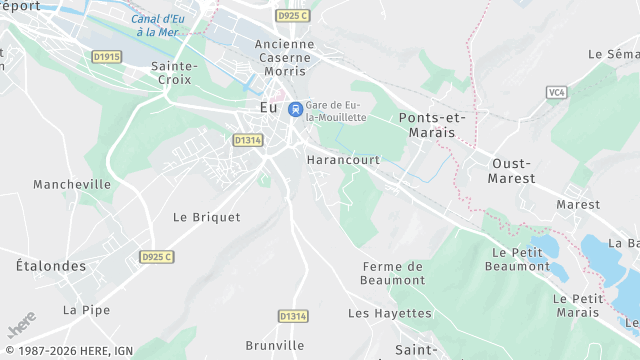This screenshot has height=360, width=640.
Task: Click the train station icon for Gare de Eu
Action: (x=295, y=109)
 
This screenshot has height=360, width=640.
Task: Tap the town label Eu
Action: (x=268, y=107)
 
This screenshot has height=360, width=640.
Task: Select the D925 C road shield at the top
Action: (x=292, y=15)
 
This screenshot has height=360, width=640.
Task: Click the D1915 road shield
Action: (x=106, y=57)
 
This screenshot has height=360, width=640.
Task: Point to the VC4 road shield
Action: (x=557, y=92)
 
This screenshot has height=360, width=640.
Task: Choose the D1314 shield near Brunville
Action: (x=292, y=316)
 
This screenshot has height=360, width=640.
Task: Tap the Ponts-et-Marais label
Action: (x=432, y=125)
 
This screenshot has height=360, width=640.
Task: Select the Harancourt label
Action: (x=343, y=160)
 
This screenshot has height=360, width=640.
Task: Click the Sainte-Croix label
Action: (x=174, y=73)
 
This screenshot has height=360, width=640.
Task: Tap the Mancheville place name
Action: (x=72, y=184)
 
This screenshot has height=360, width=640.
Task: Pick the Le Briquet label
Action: (x=207, y=216)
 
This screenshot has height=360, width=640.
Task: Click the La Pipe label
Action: (x=86, y=310)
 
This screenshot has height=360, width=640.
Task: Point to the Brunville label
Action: (x=274, y=345)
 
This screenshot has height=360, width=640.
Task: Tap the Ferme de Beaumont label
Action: (x=393, y=273)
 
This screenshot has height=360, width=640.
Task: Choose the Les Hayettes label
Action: (x=390, y=313)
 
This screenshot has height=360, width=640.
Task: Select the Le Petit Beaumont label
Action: (x=517, y=259)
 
